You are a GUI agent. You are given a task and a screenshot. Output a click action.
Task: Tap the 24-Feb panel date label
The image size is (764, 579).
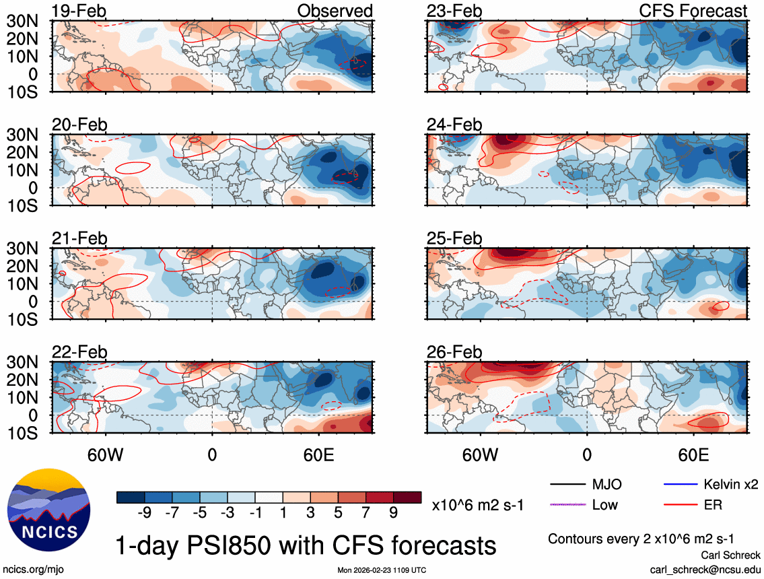[454, 125]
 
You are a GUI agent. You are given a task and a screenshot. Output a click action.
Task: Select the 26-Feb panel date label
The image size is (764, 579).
[454, 352]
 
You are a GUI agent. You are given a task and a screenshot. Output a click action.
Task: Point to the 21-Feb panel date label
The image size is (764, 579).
[79, 238]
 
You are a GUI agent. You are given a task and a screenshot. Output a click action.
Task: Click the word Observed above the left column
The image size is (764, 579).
[335, 11]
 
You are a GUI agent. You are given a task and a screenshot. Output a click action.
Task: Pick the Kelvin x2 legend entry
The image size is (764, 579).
[730, 484]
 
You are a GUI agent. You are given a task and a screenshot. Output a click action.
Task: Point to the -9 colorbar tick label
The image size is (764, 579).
[142, 512]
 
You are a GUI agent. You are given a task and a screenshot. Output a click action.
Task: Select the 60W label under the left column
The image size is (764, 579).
[106, 454]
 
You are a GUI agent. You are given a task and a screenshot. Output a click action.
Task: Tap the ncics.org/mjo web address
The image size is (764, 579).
[30, 570]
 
